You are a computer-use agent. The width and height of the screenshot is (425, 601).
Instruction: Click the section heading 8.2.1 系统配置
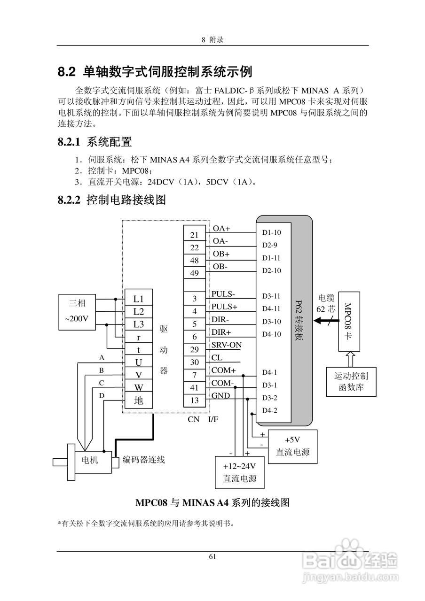(x=94, y=141)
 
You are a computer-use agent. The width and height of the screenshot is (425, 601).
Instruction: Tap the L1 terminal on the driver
(x=138, y=299)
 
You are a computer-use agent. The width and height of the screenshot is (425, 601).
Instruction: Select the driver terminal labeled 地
(x=138, y=401)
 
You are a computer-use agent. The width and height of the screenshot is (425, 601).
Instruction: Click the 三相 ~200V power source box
(x=77, y=311)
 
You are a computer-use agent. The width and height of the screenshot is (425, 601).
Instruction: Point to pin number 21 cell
(x=194, y=235)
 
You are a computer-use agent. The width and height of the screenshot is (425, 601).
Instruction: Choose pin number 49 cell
(x=194, y=273)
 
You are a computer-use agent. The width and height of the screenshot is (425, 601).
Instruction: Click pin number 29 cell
(x=194, y=349)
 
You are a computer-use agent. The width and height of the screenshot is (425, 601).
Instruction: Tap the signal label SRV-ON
(x=226, y=345)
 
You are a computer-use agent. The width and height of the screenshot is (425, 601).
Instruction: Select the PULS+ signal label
(x=224, y=307)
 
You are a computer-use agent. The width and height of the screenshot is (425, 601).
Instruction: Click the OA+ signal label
(x=221, y=229)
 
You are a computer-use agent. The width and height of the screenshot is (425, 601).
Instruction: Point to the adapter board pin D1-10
(x=271, y=232)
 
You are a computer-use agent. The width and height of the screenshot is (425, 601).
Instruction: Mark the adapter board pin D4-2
(x=269, y=410)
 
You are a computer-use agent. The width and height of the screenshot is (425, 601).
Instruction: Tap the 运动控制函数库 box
(x=351, y=382)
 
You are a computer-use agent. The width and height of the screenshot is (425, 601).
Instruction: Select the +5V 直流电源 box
(x=292, y=447)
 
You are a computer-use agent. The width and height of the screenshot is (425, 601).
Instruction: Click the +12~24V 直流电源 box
(x=239, y=473)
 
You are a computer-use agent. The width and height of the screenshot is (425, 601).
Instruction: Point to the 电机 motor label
(x=90, y=460)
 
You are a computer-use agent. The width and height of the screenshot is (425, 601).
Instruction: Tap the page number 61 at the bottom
(x=212, y=557)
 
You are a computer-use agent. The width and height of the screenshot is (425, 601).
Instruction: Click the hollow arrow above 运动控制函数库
(x=349, y=359)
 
